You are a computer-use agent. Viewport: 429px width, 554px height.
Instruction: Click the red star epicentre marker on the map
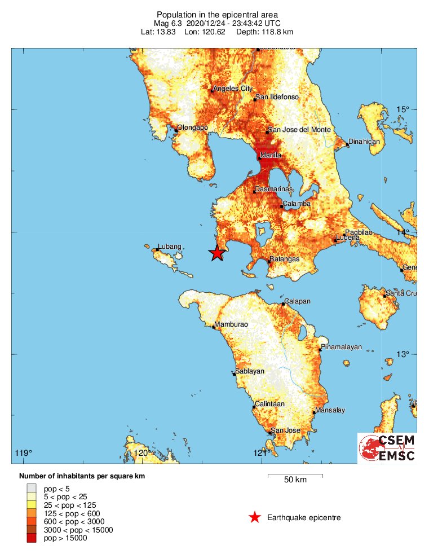[x=216, y=253]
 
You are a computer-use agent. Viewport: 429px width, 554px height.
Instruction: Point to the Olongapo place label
[x=192, y=127]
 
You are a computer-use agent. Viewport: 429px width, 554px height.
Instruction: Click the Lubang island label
[x=170, y=247]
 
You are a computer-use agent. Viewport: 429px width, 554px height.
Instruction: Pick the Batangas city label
[x=284, y=259]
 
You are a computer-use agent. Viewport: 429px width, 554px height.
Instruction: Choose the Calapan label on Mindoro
[x=298, y=301]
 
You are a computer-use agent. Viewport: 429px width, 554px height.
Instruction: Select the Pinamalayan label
[x=341, y=347]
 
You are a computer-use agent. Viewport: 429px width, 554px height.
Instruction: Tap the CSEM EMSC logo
[x=387, y=448]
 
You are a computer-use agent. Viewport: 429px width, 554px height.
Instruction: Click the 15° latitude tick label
[x=403, y=109]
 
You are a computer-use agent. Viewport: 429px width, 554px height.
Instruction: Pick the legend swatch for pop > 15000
[x=32, y=539]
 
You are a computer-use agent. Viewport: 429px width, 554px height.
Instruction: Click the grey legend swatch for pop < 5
[x=32, y=488]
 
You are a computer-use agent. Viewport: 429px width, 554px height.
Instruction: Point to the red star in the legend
[x=255, y=517]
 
